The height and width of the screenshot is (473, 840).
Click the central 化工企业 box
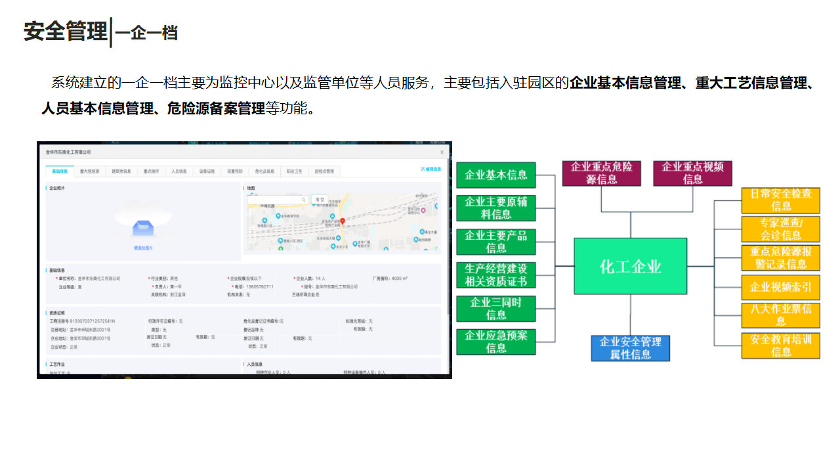(x=630, y=266)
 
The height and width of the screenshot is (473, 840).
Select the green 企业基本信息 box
(x=496, y=175)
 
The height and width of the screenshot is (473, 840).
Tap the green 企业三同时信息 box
(x=496, y=309)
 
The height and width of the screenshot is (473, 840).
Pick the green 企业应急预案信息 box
(x=496, y=342)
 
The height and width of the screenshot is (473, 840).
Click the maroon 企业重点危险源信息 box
(x=601, y=173)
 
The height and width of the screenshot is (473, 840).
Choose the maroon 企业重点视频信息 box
(x=692, y=173)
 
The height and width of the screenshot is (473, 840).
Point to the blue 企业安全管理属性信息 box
(x=630, y=348)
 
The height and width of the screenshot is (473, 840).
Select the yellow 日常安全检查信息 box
(x=780, y=200)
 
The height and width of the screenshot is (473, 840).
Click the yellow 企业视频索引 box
(x=780, y=287)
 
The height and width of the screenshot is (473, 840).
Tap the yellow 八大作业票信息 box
(x=780, y=315)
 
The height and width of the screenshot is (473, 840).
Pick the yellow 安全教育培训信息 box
(x=780, y=346)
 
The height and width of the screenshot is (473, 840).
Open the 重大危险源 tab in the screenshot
(x=90, y=171)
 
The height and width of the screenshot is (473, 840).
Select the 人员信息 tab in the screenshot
(x=179, y=171)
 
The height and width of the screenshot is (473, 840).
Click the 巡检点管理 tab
(x=324, y=171)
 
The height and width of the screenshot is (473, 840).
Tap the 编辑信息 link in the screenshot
(x=431, y=169)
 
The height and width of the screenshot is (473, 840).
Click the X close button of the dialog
(x=442, y=152)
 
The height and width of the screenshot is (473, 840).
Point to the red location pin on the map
(x=343, y=221)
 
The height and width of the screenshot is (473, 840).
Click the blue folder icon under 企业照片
(x=143, y=228)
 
